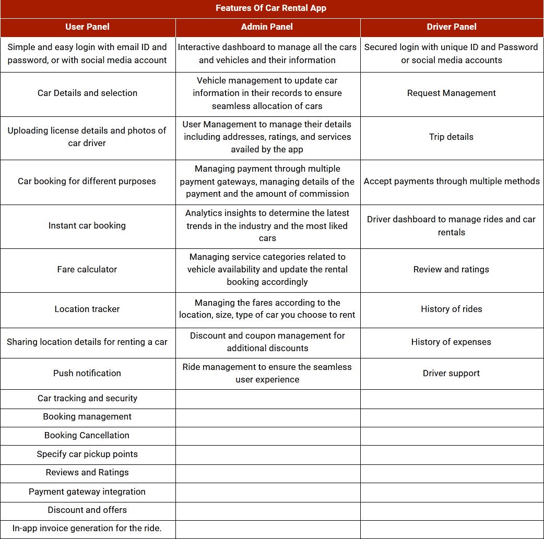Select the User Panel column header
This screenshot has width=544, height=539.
point(87,27)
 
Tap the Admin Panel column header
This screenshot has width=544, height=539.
point(267,27)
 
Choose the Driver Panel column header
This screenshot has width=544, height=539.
point(451,27)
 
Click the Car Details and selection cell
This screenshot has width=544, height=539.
point(87,93)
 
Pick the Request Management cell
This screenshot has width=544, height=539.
point(451,93)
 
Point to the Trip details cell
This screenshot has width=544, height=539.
point(451,137)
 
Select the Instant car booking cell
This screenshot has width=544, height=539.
point(87,225)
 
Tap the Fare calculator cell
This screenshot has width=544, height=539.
point(87,269)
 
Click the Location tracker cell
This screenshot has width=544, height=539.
point(87,309)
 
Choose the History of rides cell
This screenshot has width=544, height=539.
point(451,309)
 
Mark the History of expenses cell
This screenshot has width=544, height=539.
point(451,342)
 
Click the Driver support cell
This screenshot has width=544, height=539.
point(451,373)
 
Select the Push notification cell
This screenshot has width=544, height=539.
point(87,373)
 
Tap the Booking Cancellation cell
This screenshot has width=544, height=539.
point(87,435)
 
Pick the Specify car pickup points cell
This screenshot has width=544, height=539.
point(87,454)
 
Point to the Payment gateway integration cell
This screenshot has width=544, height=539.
point(87,492)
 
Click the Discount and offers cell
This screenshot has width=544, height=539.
point(87,510)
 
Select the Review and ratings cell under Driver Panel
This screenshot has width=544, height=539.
point(451,269)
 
